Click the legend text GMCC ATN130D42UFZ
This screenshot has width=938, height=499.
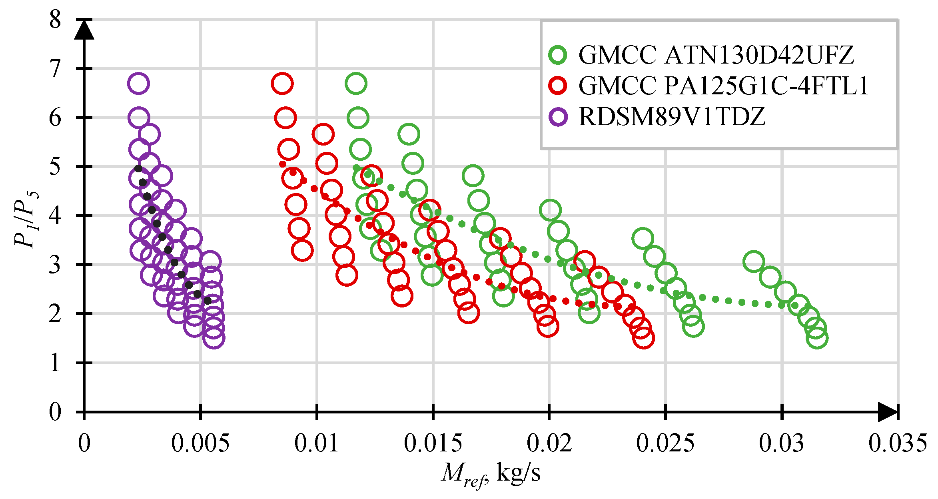coord(716,55)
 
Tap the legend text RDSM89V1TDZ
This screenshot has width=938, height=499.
coord(672,117)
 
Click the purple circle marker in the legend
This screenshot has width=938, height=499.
coord(558,117)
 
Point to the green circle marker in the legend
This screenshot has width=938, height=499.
coord(558,55)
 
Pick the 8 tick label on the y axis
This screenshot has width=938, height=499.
coord(55,19)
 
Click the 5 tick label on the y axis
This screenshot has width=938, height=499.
coord(55,166)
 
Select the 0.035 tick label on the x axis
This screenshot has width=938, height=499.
coord(898,443)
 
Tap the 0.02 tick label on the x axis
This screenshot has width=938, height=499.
coord(549,443)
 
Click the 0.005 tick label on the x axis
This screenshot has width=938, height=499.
coord(200,443)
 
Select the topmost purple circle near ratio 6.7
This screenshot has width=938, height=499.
coord(138,84)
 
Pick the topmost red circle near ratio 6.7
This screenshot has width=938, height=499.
coord(282,84)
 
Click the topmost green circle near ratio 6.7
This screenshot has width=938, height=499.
coord(356,84)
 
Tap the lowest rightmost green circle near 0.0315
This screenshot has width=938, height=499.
coord(817,338)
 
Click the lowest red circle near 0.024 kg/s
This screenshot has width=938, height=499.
coord(643,338)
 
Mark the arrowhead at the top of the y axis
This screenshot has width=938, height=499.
coord(84,30)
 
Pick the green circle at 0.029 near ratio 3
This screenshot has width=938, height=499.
coord(754,262)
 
